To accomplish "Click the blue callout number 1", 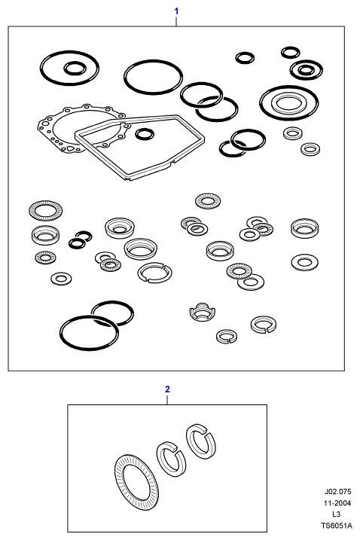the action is click(x=176, y=11).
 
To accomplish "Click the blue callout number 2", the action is click(x=167, y=389).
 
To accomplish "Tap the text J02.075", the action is click(x=337, y=492).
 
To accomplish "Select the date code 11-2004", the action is click(x=337, y=503).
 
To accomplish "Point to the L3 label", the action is click(x=336, y=514).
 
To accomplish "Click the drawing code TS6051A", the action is click(x=337, y=526).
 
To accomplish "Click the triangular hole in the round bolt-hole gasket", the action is click(x=70, y=148).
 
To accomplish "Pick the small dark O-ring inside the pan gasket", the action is click(x=145, y=134).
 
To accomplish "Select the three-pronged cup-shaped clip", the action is click(x=203, y=312).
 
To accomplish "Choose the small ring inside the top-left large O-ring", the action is click(x=75, y=69).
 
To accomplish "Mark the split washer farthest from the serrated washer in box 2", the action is click(x=201, y=441).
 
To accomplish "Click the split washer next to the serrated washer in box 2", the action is click(x=171, y=459).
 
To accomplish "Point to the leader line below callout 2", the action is click(x=167, y=399).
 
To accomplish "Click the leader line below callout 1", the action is click(x=176, y=21).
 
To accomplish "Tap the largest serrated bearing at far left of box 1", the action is click(x=45, y=209).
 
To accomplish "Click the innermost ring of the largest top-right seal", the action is click(x=289, y=102).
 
